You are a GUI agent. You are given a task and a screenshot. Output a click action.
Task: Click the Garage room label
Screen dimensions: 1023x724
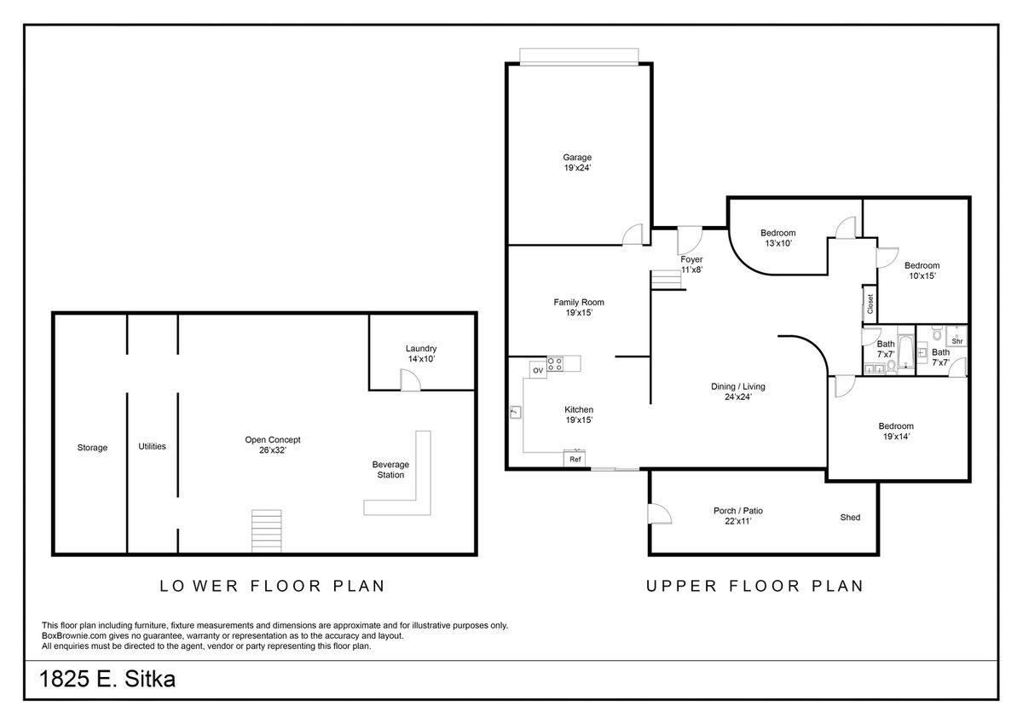(577, 157)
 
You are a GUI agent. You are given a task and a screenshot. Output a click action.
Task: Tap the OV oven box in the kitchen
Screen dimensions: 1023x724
(538, 370)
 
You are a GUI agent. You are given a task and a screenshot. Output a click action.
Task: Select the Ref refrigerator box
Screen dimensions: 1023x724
(575, 459)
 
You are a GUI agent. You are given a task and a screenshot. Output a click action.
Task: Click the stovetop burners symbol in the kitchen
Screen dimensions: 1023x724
(555, 363)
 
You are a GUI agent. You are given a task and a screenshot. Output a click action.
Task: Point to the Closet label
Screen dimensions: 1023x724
(870, 304)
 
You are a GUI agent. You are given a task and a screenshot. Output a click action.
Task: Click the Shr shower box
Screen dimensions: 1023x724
(957, 337)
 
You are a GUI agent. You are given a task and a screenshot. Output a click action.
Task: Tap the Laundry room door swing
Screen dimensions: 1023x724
(410, 380)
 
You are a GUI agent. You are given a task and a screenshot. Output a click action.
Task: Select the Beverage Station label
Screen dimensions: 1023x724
(390, 470)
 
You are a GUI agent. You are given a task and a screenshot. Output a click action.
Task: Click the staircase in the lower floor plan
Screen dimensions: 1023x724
(267, 531)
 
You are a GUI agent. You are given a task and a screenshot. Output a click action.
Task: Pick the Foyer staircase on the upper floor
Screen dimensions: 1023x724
(667, 280)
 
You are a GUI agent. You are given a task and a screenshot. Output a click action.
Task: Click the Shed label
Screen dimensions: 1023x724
(850, 517)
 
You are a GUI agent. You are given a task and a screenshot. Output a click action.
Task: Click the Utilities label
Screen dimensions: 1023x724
(152, 446)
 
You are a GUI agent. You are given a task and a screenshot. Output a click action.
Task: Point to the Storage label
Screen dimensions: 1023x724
(92, 448)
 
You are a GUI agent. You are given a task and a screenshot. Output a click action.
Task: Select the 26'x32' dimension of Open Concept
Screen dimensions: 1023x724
(273, 450)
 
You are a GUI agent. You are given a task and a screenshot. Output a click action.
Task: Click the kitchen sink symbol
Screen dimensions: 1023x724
(515, 412)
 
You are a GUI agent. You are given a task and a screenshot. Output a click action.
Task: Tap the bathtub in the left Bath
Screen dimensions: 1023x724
(906, 351)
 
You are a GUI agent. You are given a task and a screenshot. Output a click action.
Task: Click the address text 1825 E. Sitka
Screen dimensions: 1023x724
(107, 680)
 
